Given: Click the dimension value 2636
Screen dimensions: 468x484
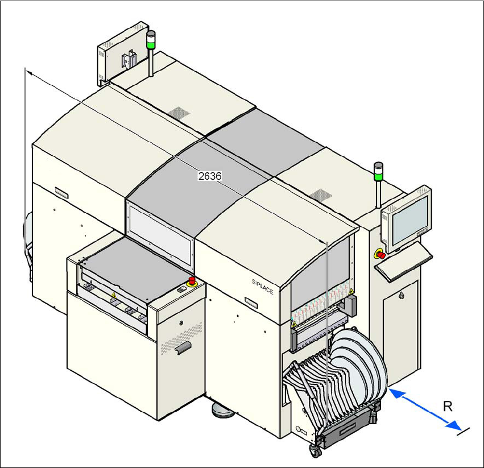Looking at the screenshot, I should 209,176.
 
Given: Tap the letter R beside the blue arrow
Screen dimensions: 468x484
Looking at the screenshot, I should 448,406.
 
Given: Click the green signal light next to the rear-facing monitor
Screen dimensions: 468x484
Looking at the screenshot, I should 151,40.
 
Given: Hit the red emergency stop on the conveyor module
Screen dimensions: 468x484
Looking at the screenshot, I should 192,280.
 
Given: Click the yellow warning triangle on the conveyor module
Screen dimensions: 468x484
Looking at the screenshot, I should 113,295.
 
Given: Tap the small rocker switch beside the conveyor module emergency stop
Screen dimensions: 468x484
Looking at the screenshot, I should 181,289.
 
